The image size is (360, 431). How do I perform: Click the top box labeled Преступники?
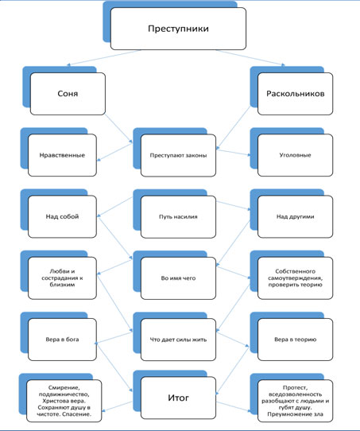tap(178, 29)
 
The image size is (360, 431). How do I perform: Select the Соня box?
tap(68, 94)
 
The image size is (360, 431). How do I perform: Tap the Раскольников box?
tap(295, 94)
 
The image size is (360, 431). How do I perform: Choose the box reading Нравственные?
tap(62, 155)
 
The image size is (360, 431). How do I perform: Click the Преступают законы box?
tap(178, 155)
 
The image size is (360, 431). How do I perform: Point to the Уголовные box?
tap(295, 155)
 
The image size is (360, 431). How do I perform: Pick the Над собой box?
tap(62, 216)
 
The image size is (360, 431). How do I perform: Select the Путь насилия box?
tap(178, 217)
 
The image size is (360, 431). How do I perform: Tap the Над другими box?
tap(295, 216)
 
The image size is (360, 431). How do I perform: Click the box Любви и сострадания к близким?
tap(62, 278)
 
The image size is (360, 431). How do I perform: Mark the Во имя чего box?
tap(178, 278)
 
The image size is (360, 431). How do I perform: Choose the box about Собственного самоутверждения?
tap(295, 278)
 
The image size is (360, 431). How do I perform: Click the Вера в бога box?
tap(62, 340)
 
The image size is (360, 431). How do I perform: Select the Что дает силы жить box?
tap(178, 340)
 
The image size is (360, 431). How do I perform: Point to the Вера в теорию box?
tap(295, 340)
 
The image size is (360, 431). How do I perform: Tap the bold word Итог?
tap(178, 398)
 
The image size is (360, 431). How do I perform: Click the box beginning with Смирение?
tap(64, 401)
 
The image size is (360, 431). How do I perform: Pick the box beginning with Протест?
tap(295, 401)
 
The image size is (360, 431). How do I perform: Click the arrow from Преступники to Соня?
tap(104, 57)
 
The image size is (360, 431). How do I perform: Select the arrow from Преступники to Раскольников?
tap(250, 58)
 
